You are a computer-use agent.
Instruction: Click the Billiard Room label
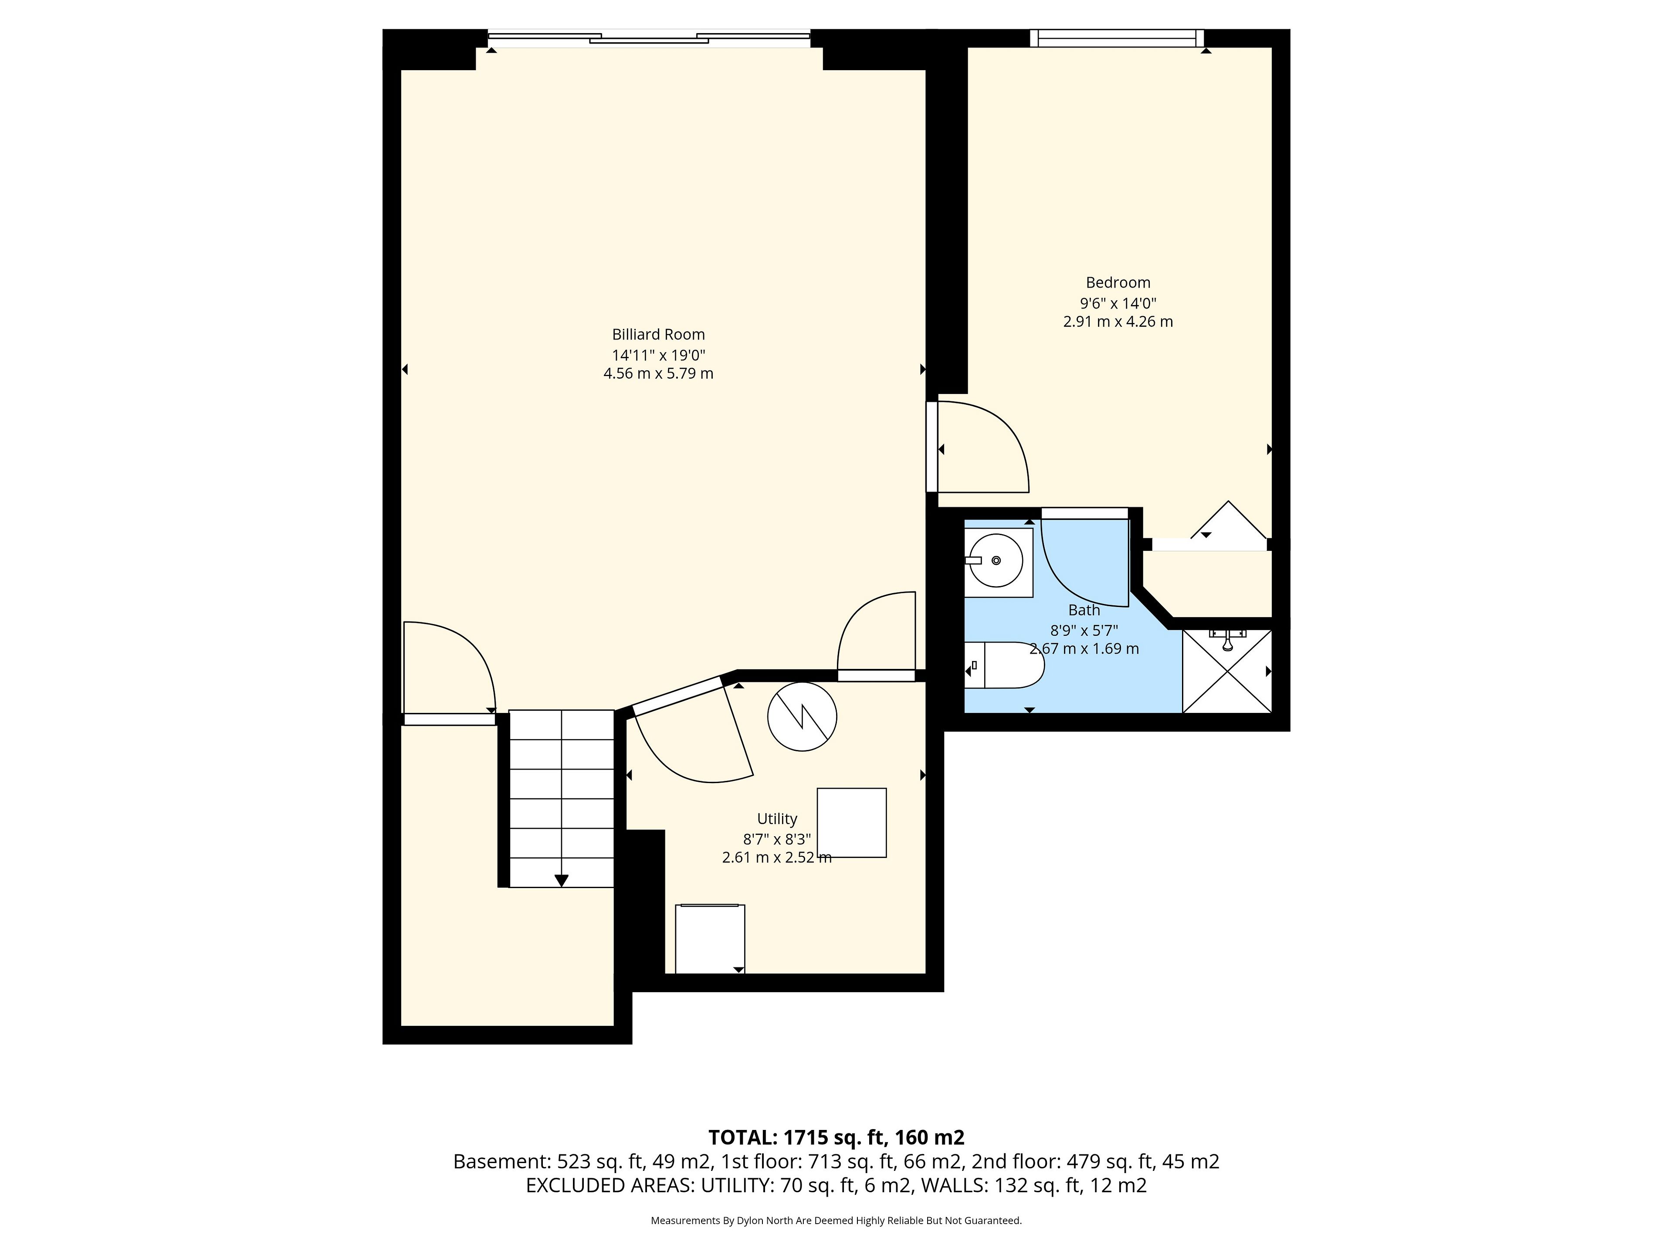[x=658, y=334]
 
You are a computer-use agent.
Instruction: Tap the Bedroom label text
[x=1118, y=283]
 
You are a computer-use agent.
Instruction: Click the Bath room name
[x=1084, y=610]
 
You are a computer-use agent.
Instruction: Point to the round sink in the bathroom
[x=996, y=560]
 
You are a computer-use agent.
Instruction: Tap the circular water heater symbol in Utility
[x=802, y=716]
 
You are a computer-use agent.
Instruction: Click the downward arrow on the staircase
[x=561, y=880]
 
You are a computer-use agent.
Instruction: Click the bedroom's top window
[x=1116, y=38]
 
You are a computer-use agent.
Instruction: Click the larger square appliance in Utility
[x=852, y=823]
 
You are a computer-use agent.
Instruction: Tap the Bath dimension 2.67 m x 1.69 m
[x=1084, y=649]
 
